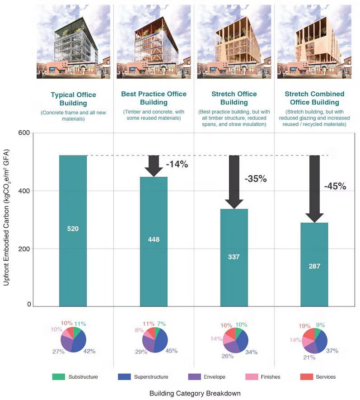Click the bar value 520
point(73,229)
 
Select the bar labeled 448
point(154,239)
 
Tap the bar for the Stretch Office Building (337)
point(234,257)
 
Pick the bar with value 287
point(314,267)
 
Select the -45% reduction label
point(335,186)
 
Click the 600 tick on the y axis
point(24,133)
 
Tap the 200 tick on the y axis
point(24,249)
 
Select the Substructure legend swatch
point(59,376)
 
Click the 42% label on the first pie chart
point(89,351)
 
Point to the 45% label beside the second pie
point(171,350)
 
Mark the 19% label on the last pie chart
point(304,325)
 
